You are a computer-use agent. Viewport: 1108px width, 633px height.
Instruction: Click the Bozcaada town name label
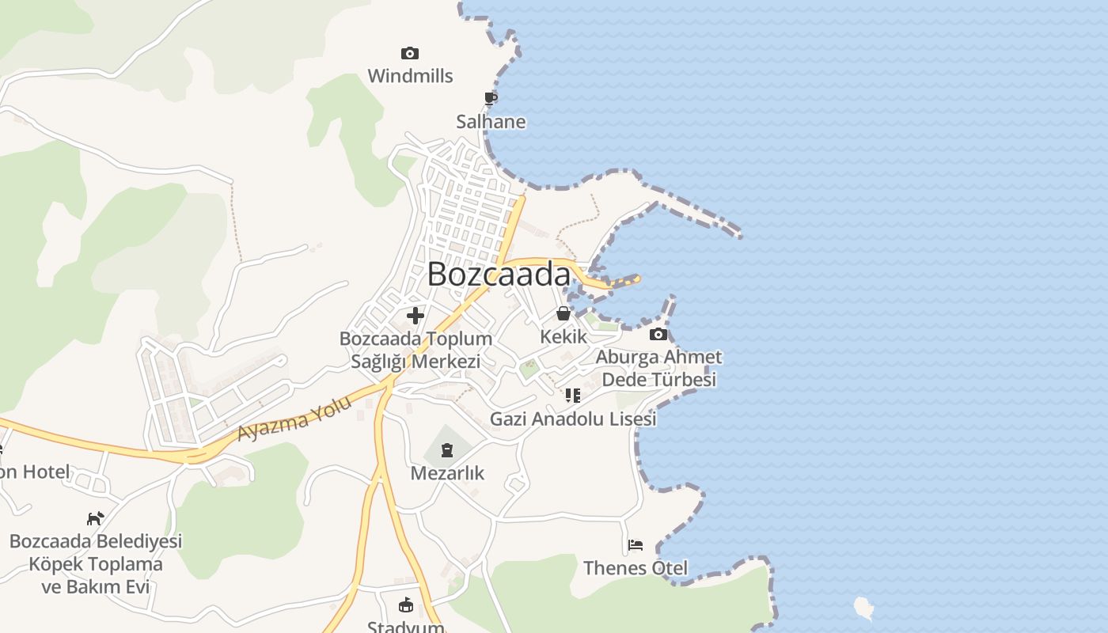click(499, 275)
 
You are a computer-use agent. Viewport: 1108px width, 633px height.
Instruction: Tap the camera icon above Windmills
click(409, 54)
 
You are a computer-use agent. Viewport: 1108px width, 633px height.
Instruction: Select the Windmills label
click(410, 76)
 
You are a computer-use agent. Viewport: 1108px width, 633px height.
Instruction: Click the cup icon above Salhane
click(491, 98)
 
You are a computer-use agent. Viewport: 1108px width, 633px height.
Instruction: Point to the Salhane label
click(491, 122)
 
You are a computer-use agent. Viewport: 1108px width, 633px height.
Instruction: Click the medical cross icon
click(415, 316)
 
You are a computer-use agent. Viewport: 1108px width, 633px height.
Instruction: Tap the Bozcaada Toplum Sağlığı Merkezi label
click(415, 350)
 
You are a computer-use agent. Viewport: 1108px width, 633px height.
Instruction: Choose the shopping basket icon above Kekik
click(563, 313)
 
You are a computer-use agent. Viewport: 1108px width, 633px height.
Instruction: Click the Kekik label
click(563, 336)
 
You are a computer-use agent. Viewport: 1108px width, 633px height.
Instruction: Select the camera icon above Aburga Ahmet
click(658, 334)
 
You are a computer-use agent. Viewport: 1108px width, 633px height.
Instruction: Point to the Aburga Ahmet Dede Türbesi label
click(658, 368)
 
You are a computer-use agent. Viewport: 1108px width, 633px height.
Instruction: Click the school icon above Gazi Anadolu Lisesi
click(573, 396)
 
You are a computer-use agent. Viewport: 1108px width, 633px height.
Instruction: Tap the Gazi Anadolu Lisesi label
click(573, 419)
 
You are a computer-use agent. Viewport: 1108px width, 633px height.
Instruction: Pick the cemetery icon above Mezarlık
click(447, 451)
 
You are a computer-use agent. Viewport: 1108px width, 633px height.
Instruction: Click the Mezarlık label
click(447, 473)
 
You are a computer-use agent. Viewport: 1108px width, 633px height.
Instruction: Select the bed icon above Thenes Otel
click(635, 545)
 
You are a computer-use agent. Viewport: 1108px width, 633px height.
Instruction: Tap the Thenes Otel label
click(635, 568)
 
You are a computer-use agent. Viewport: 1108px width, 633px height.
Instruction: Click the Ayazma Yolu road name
click(294, 419)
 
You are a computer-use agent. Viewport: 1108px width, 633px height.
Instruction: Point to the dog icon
click(95, 518)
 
